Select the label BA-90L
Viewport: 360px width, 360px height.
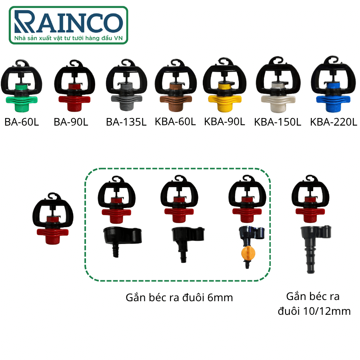(x=71, y=122)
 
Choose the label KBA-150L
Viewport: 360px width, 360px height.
(x=278, y=122)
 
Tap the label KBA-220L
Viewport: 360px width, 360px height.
(x=334, y=122)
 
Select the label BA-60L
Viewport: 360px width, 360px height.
(x=22, y=122)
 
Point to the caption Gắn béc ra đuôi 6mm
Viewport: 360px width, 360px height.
(x=179, y=298)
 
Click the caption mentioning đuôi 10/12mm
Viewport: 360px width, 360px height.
(x=314, y=304)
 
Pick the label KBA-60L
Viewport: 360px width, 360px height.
(x=175, y=122)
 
